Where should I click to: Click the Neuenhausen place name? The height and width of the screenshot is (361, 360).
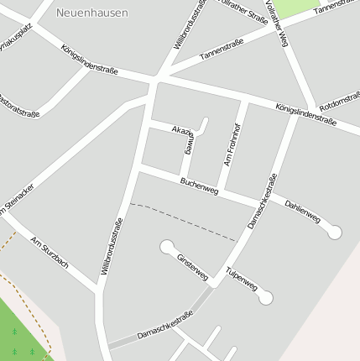92,13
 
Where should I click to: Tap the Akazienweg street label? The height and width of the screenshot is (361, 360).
186,139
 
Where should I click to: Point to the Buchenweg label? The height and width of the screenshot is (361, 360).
199,186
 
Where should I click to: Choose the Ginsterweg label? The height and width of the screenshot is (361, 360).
192,266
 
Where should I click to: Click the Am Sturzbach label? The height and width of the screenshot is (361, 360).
49,254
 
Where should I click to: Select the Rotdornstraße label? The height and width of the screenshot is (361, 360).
340,99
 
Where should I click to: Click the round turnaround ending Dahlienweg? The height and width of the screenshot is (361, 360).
335,233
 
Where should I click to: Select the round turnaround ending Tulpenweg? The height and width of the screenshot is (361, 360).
266,297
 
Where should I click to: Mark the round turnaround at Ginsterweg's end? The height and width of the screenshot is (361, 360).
167,248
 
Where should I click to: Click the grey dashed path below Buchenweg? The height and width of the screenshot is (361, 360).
185,220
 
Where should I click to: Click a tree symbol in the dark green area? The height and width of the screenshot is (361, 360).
14,333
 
